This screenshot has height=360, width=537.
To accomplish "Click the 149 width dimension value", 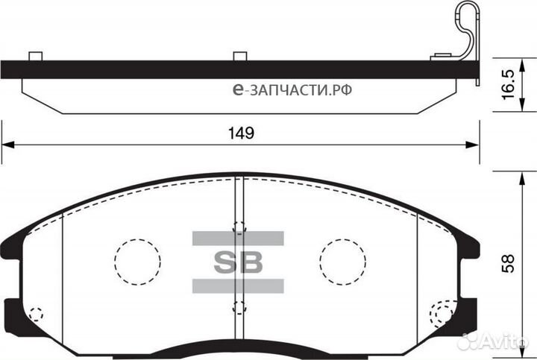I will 239,133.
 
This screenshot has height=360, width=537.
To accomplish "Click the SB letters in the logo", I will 239,262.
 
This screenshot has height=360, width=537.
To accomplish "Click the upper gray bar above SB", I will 239,239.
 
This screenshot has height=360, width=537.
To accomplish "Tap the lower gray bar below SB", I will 239,285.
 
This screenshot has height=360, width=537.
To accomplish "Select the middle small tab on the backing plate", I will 239,56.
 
